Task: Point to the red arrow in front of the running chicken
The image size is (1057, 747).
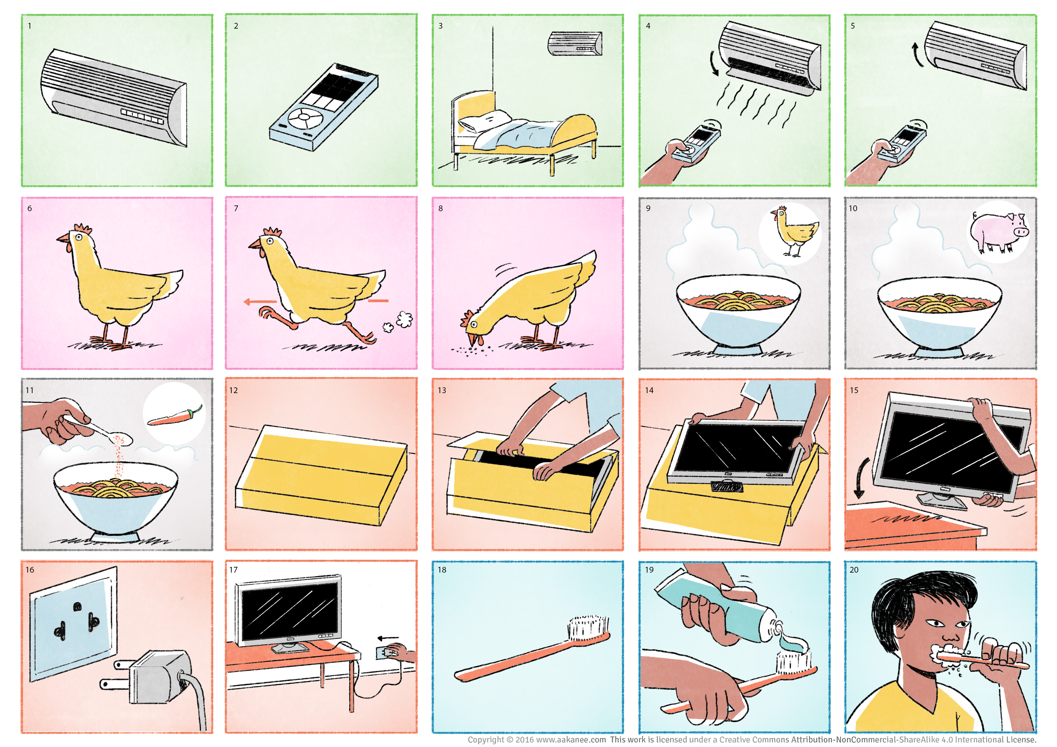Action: [x=260, y=302]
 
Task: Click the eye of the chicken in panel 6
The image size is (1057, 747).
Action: [x=79, y=237]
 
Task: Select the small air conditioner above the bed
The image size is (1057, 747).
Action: [x=575, y=44]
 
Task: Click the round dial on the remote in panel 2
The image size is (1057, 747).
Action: [x=303, y=117]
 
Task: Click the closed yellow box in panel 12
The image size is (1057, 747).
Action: [x=321, y=475]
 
